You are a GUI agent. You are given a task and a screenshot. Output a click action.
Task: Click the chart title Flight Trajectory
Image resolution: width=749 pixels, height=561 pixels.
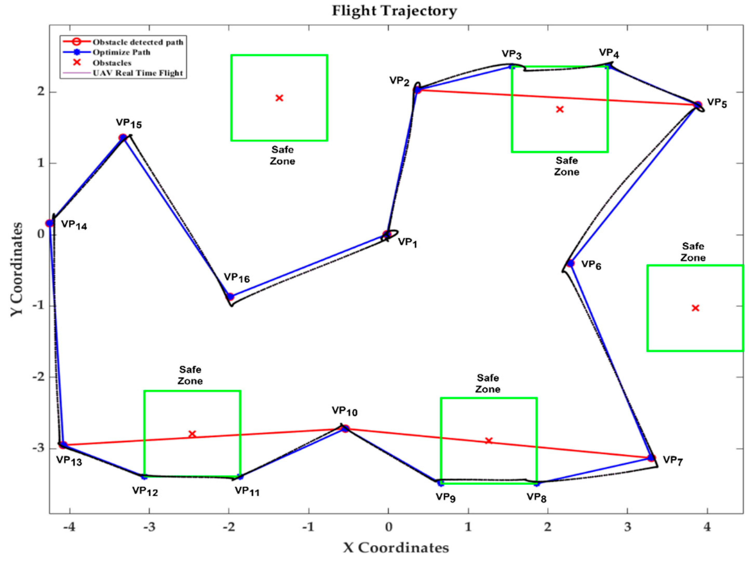[394, 11]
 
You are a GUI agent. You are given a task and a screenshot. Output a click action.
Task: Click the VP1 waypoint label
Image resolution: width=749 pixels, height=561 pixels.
[407, 242]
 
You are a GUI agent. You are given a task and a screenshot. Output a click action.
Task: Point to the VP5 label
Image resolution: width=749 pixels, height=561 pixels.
[717, 103]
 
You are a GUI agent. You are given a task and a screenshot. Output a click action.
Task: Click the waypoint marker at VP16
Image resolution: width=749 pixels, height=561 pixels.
[230, 296]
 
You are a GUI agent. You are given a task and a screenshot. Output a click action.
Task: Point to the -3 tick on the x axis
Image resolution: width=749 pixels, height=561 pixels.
[149, 527]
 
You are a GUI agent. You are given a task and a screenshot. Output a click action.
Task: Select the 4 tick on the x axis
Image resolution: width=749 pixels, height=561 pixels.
[707, 527]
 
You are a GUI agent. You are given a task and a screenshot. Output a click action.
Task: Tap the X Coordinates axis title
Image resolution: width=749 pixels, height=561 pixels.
[396, 547]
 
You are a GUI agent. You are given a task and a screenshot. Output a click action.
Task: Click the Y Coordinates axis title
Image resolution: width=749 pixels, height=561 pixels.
[17, 269]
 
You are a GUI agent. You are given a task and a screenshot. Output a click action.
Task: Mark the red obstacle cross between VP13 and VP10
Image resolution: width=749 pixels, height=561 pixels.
[192, 434]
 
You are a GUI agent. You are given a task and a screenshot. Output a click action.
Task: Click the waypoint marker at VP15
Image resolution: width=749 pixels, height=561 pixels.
[123, 138]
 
